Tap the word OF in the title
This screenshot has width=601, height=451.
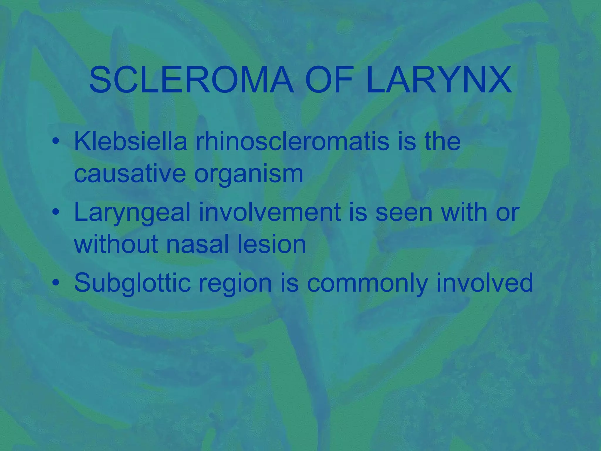coord(329,80)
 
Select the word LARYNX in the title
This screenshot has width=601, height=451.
coord(439,80)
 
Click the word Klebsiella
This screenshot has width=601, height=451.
coord(131,142)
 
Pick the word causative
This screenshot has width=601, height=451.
coord(130,174)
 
